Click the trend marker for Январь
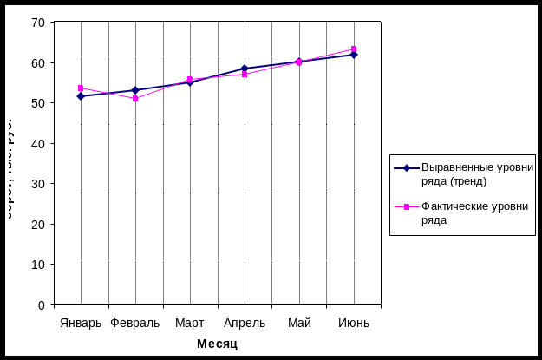(81, 96)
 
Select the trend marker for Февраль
(135, 90)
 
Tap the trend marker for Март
(190, 82)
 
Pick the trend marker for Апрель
(245, 69)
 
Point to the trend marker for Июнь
(354, 55)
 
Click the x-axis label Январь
(82, 324)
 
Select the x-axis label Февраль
(135, 324)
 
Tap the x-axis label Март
(190, 324)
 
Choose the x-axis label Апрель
(245, 324)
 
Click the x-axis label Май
(299, 324)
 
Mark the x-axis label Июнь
(354, 324)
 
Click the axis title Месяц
(217, 344)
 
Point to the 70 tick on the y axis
(37, 23)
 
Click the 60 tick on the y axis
(37, 63)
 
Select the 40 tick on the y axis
(37, 144)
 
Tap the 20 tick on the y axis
(37, 225)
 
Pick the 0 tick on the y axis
(41, 305)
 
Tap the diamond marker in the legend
(407, 168)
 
